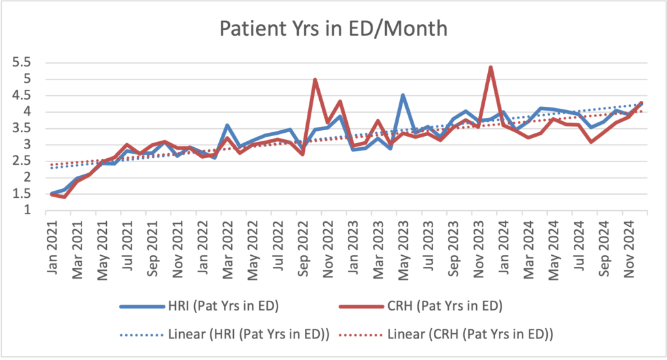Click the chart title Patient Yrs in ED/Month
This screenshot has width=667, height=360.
tap(333, 29)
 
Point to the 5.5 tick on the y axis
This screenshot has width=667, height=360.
tap(22, 63)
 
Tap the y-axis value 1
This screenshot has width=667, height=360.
tap(27, 210)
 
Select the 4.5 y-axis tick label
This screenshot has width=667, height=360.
tap(22, 96)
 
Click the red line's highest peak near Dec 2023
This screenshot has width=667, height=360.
tap(490, 67)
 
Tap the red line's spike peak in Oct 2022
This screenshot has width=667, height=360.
tap(315, 80)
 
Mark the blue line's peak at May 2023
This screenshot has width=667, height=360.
tap(403, 95)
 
